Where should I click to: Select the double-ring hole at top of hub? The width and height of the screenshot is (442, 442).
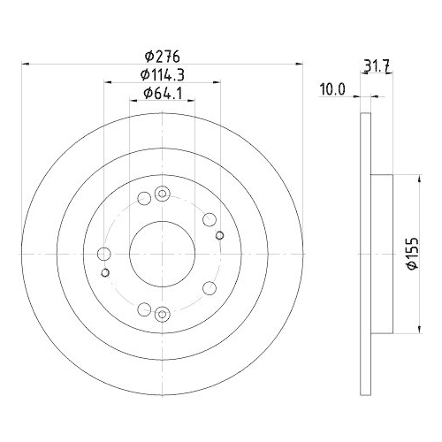click(161, 194)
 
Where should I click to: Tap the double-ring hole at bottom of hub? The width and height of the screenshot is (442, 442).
click(161, 314)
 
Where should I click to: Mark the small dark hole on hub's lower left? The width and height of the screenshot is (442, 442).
click(105, 272)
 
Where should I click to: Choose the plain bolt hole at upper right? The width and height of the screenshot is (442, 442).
click(209, 219)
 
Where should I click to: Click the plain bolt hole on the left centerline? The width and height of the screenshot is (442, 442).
click(103, 255)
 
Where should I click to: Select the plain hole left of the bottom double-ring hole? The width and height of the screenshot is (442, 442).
click(142, 309)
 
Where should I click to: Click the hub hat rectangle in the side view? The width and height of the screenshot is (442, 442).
click(381, 254)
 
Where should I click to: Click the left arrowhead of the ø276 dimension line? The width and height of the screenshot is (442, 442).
click(25, 64)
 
